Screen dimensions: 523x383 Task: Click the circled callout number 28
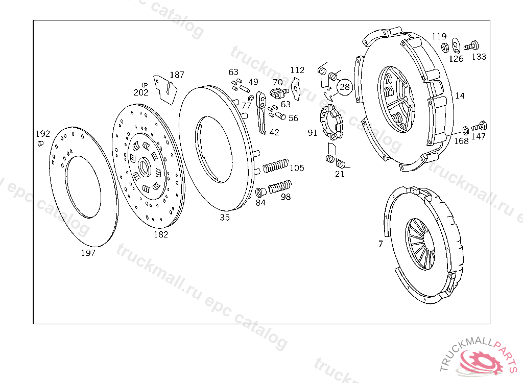pos(345,87)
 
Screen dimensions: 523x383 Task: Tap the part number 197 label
pos(88,253)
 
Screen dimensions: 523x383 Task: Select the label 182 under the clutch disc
pos(161,234)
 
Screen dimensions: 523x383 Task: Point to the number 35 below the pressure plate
pos(225,218)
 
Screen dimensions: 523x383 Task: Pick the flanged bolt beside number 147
pos(479,126)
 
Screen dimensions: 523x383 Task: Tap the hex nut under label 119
pos(444,47)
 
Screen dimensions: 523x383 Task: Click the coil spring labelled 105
pos(276,165)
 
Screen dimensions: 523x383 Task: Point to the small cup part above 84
pos(260,192)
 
